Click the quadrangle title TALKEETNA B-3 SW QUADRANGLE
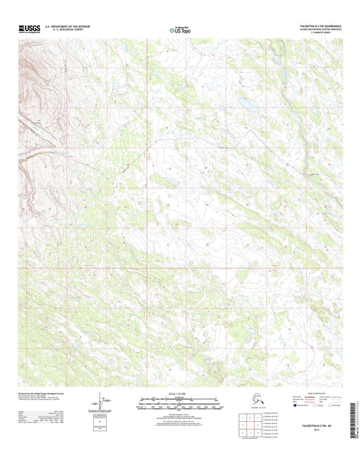[x=319, y=26]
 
